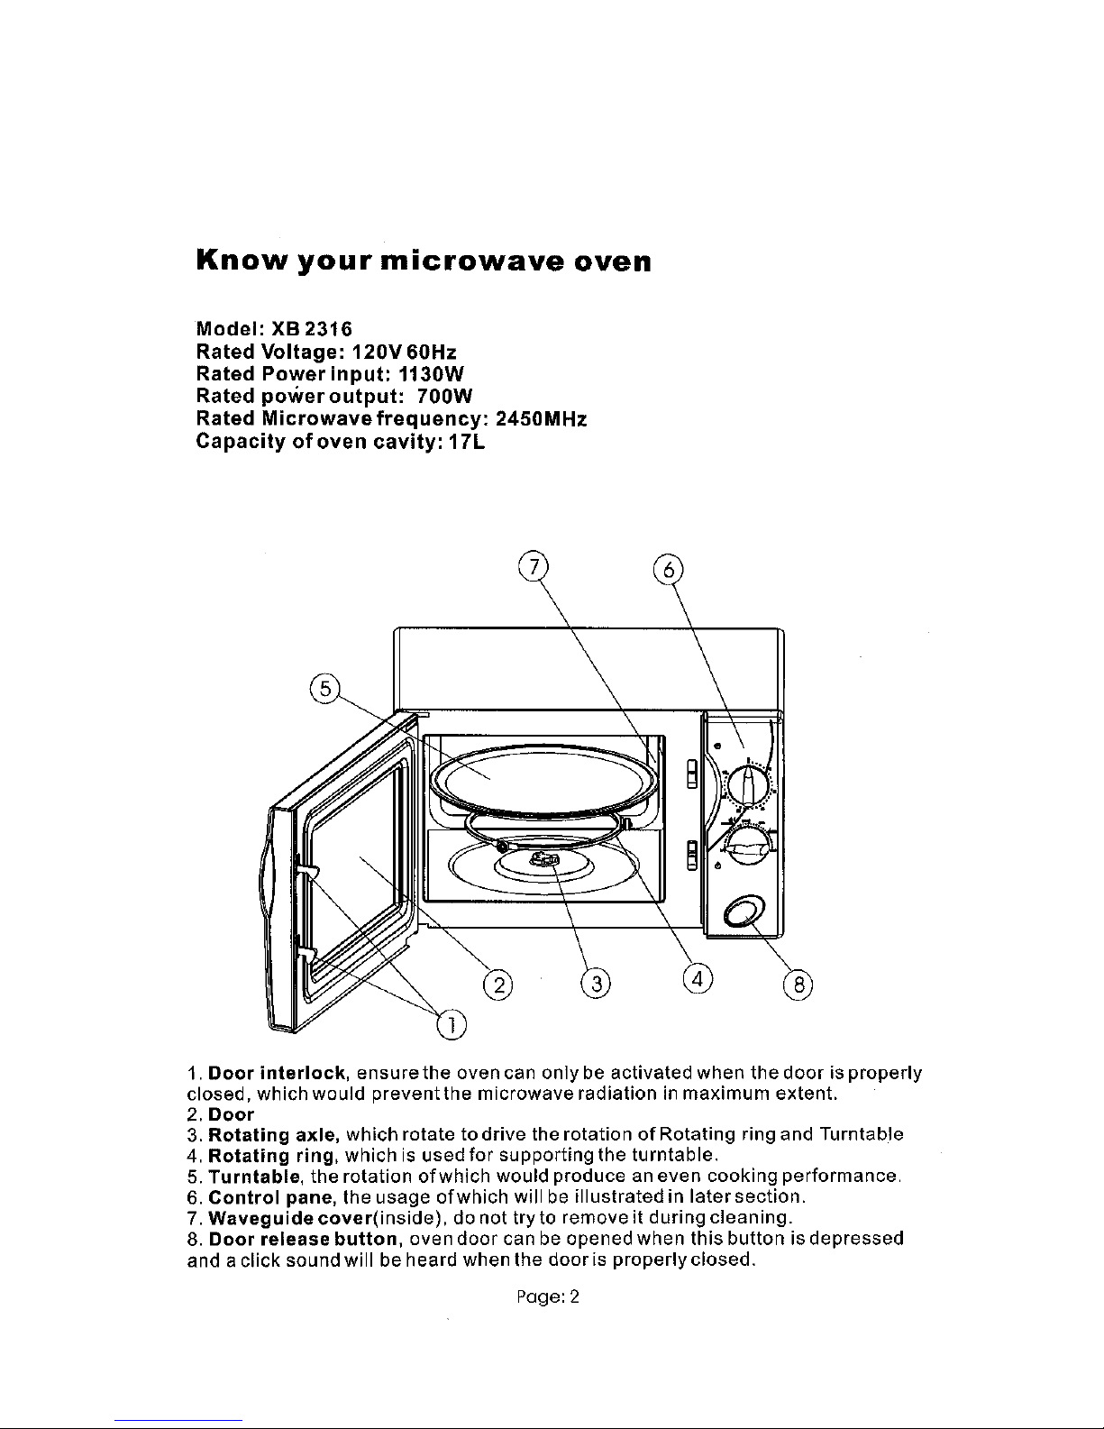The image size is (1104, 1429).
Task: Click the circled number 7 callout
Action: pyautogui.click(x=533, y=567)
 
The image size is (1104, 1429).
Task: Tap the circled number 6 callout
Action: pyautogui.click(x=669, y=570)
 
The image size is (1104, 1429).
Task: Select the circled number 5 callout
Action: pyautogui.click(x=324, y=689)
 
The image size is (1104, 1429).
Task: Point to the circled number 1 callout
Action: pyautogui.click(x=452, y=1024)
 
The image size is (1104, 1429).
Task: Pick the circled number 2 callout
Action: pyautogui.click(x=498, y=985)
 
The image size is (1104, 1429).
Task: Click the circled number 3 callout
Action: pyautogui.click(x=596, y=984)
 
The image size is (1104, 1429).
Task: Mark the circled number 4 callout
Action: pyautogui.click(x=698, y=978)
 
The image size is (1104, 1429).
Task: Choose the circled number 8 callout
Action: pyautogui.click(x=798, y=985)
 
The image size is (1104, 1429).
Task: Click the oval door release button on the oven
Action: pyautogui.click(x=744, y=912)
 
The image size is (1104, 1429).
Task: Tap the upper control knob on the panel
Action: pyautogui.click(x=748, y=783)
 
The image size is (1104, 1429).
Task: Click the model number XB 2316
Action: pyautogui.click(x=312, y=329)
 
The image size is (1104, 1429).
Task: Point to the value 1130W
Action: pyautogui.click(x=431, y=374)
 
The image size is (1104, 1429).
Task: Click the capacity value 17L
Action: pyautogui.click(x=467, y=441)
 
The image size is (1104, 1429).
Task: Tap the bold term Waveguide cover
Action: pyautogui.click(x=290, y=1217)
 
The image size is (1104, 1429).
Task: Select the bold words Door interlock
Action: pyautogui.click(x=277, y=1073)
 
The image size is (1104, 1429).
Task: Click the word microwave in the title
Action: pyautogui.click(x=472, y=261)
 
